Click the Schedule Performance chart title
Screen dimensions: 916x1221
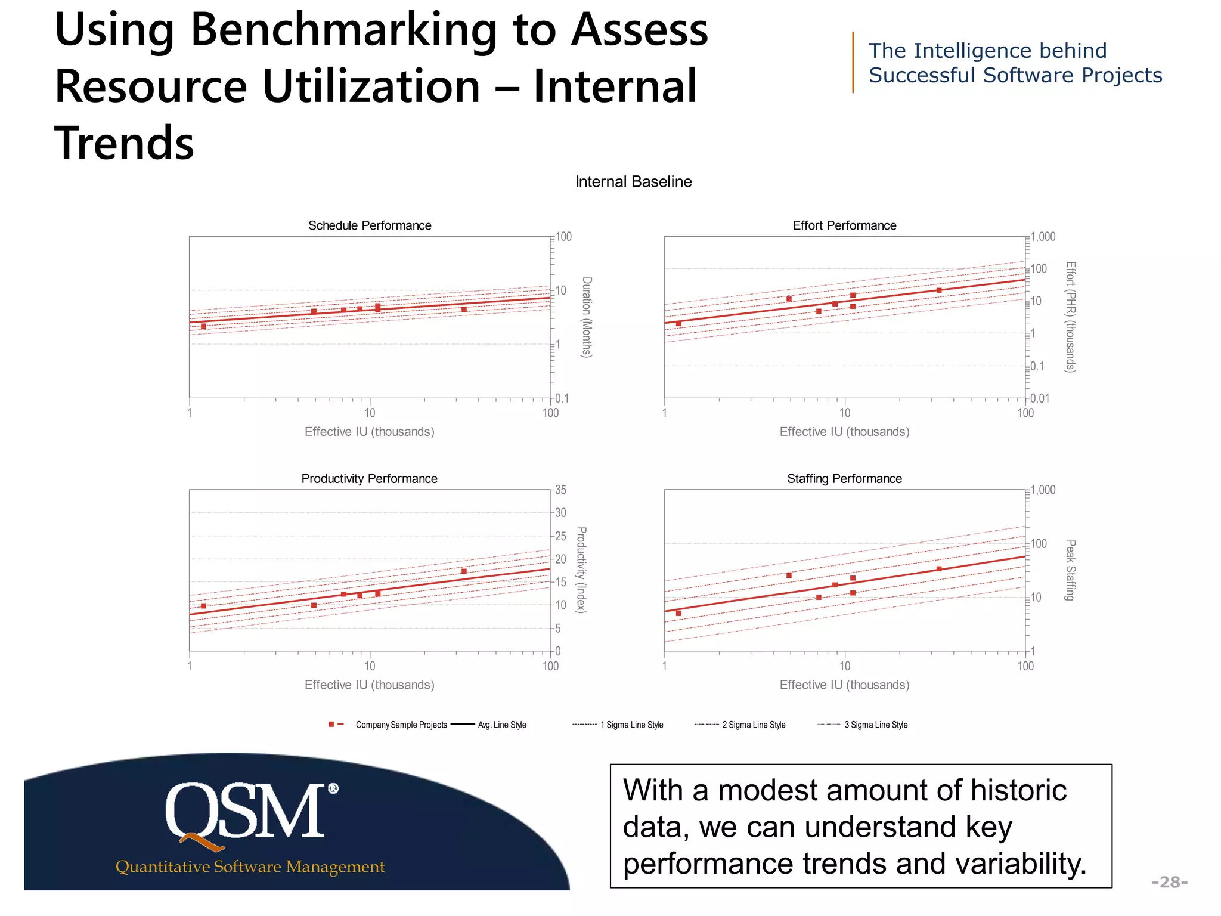(369, 225)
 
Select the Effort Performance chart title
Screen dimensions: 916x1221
(844, 225)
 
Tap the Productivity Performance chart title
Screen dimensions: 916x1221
(369, 479)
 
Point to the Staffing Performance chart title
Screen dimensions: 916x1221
(844, 479)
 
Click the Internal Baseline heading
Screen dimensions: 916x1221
(633, 182)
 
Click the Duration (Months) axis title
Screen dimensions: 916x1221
(587, 317)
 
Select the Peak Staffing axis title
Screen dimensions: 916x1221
(1070, 570)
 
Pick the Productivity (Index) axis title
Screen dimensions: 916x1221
(581, 570)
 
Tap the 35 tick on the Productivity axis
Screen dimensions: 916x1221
(560, 490)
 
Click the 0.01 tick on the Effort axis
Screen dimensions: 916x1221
(1040, 398)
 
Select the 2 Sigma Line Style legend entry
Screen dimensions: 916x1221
(754, 725)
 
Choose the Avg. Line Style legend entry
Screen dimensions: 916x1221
(501, 725)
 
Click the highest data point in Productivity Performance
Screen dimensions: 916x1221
(464, 571)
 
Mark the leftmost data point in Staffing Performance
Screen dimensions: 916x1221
(678, 613)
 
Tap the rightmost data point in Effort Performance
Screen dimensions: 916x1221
(939, 290)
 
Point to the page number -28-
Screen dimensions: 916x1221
(1169, 882)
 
